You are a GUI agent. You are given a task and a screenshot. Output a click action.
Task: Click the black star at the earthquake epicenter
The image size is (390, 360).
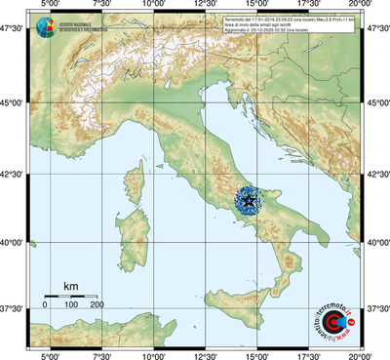point(248,201)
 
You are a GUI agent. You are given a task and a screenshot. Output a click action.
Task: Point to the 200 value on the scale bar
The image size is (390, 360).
point(97,306)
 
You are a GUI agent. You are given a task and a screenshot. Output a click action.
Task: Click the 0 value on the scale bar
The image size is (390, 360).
point(45,306)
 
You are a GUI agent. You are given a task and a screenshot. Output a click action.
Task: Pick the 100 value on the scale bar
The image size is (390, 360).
point(70,306)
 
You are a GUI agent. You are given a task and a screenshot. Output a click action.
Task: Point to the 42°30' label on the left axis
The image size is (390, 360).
point(14,175)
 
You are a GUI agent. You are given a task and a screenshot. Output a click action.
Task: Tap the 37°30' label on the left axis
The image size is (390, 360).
point(14,308)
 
